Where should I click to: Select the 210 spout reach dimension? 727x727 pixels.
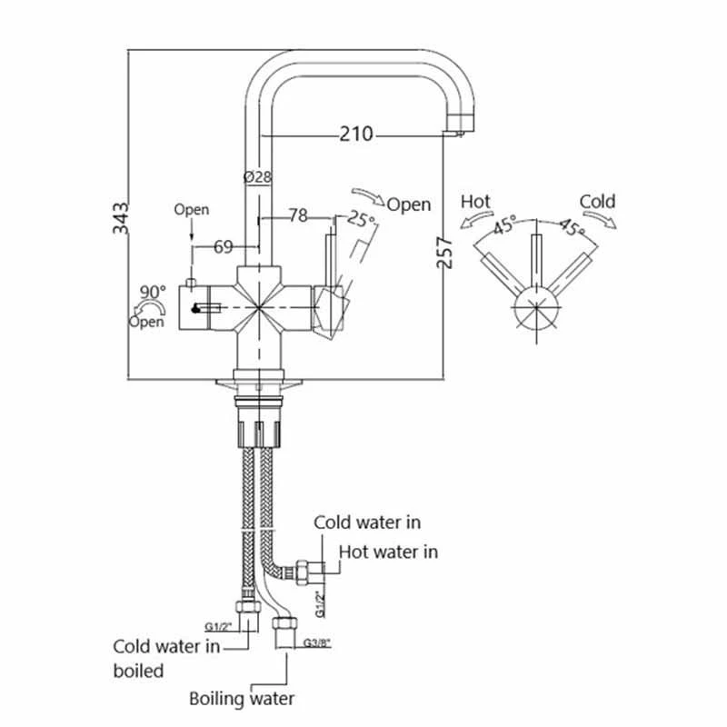[x=356, y=134]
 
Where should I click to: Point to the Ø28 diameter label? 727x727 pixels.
[x=258, y=178]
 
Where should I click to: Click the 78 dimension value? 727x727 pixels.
[x=296, y=216]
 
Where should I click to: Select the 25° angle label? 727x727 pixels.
[x=362, y=220]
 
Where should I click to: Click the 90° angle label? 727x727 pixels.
[x=153, y=292]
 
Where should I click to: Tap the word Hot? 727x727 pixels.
[x=476, y=201]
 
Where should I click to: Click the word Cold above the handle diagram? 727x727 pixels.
[x=597, y=201]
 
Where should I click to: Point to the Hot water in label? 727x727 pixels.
[x=388, y=552]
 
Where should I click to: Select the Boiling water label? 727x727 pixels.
[x=242, y=699]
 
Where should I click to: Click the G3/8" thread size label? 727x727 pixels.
[x=317, y=642]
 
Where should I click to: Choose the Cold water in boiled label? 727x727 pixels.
[x=166, y=659]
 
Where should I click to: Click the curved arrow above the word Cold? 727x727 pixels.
[x=600, y=221]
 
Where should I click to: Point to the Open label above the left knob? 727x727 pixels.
[x=192, y=210]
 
